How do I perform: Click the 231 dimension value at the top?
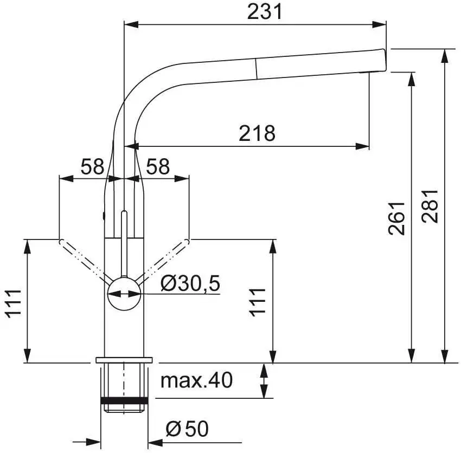pyautogui.click(x=265, y=11)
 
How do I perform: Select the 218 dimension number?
pyautogui.click(x=257, y=133)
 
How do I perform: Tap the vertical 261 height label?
pyautogui.click(x=397, y=218)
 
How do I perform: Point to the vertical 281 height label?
pyautogui.click(x=430, y=206)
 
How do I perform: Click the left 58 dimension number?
pyautogui.click(x=92, y=166)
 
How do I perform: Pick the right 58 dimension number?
pyautogui.click(x=158, y=166)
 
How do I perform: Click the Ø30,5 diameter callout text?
pyautogui.click(x=190, y=283)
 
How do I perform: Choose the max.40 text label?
pyautogui.click(x=196, y=380)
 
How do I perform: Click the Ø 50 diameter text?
pyautogui.click(x=187, y=430)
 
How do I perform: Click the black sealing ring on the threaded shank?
pyautogui.click(x=125, y=401)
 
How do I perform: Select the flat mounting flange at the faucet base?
pyautogui.click(x=125, y=360)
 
